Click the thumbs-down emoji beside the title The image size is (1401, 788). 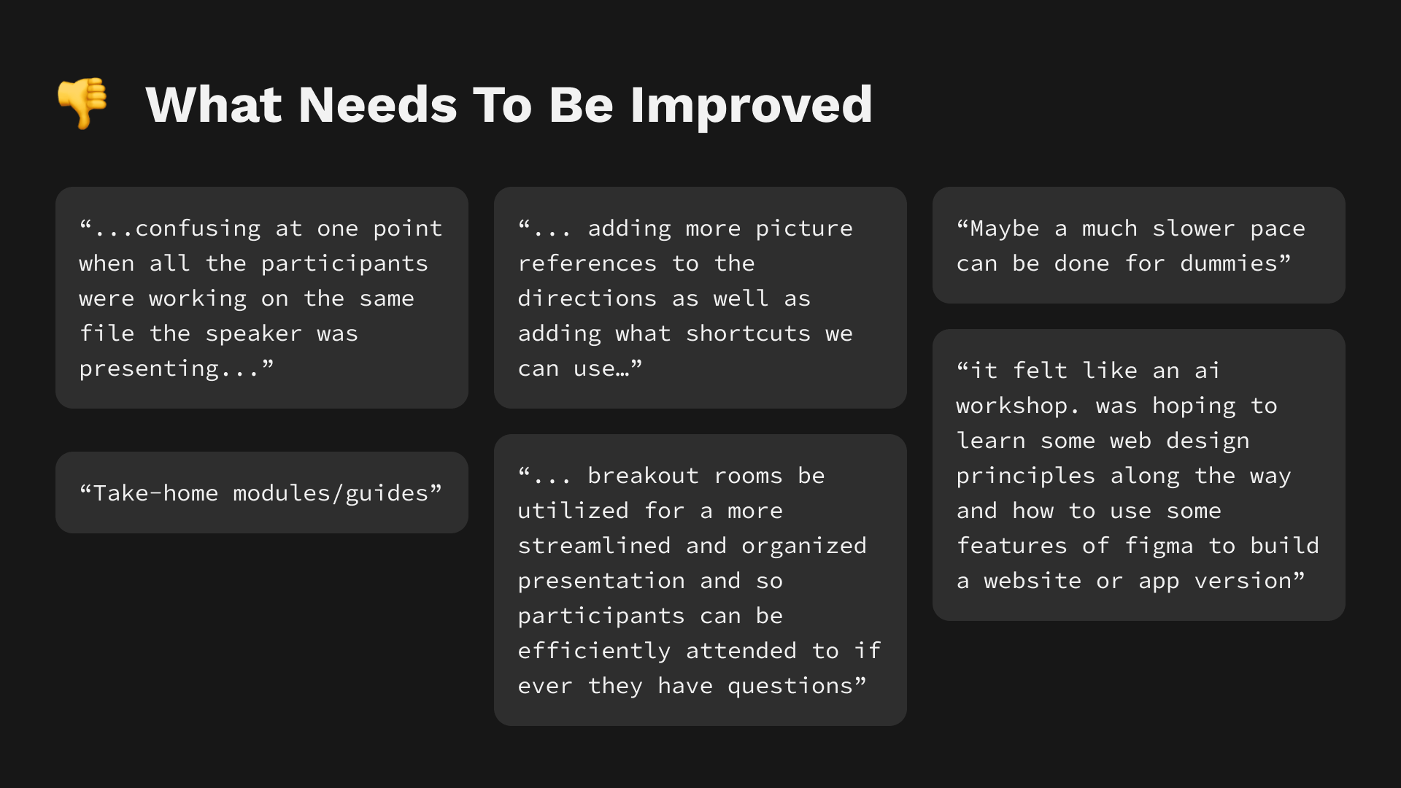pos(82,103)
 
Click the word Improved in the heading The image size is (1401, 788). pos(751,105)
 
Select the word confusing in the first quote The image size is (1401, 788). pos(198,228)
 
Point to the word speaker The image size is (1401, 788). pos(253,333)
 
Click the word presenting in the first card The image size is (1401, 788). pos(149,368)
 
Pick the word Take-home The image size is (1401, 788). pos(156,493)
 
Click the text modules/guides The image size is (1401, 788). pos(331,493)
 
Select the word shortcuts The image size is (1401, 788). pos(748,333)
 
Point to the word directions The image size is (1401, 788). pos(587,298)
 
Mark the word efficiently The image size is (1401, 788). pos(594,651)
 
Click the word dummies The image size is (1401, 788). pos(1229,263)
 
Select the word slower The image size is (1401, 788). pos(1194,228)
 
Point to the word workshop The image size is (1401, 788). pos(1012,406)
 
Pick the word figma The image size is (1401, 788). pos(1159,546)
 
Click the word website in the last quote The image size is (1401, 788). pos(1033,581)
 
